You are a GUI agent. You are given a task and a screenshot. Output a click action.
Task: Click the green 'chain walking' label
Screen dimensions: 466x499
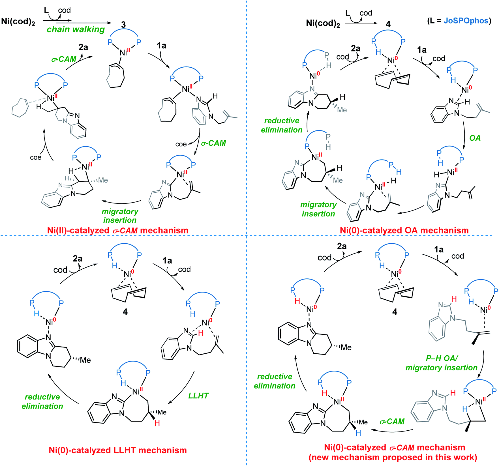click(76, 29)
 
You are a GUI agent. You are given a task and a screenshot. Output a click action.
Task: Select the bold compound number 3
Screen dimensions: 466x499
click(123, 25)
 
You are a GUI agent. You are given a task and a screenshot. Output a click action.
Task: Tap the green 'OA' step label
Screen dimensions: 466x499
click(475, 138)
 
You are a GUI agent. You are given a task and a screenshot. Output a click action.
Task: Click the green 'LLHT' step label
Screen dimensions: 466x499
click(198, 396)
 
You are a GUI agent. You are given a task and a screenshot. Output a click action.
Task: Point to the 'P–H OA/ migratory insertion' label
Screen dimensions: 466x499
click(441, 363)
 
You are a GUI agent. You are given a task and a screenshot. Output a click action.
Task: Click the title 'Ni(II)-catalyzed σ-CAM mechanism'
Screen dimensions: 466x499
click(118, 230)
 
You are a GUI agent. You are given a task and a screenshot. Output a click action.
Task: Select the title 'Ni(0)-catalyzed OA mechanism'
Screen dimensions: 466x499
click(404, 230)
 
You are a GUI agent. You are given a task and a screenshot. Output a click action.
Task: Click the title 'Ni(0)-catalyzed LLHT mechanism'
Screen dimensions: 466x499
click(118, 450)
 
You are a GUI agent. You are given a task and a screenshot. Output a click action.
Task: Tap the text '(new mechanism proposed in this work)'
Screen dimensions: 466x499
click(393, 457)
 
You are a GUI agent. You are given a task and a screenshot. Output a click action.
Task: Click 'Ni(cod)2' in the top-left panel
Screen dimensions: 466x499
click(18, 22)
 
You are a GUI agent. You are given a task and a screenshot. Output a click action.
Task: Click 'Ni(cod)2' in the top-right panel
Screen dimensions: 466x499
click(323, 23)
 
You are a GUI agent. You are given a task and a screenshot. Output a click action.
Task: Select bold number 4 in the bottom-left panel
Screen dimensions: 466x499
click(125, 312)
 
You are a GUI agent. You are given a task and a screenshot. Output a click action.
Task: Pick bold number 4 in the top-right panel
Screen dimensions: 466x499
click(388, 24)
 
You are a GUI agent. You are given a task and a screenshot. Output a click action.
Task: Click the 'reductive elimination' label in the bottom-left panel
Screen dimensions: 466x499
click(42, 401)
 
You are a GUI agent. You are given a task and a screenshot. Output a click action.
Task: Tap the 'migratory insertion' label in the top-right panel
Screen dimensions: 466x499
click(318, 209)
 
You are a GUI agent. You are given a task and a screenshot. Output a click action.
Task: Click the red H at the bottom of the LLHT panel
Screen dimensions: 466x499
click(157, 423)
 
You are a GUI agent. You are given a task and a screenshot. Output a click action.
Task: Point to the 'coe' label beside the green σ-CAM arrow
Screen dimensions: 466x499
click(181, 144)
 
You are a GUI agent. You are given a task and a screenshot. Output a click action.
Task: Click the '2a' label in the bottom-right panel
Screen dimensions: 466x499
click(342, 246)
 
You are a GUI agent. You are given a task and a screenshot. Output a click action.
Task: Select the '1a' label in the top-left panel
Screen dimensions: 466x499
click(161, 46)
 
